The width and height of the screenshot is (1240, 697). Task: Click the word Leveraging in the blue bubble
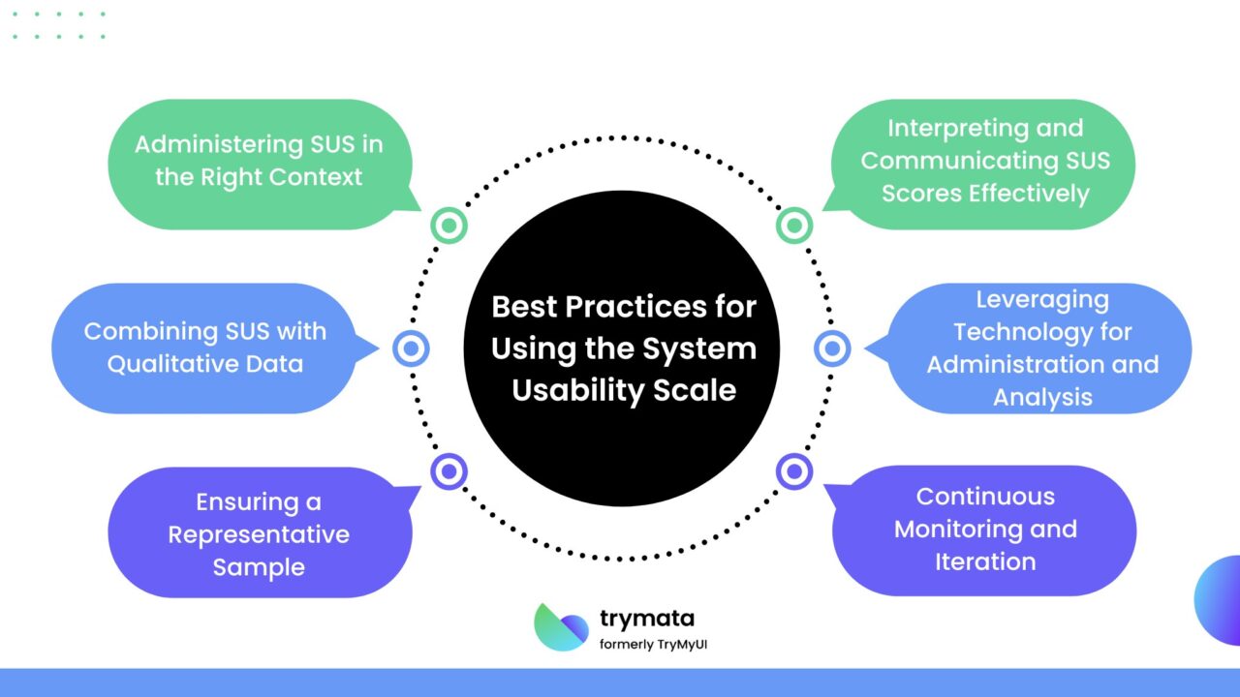[1041, 300]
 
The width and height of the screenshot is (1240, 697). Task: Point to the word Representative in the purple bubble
[259, 534]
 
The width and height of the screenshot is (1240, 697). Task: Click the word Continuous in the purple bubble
[985, 497]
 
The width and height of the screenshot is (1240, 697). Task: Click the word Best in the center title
[524, 307]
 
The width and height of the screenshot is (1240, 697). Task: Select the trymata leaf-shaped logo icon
[561, 626]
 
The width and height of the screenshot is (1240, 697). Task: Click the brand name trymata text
[646, 619]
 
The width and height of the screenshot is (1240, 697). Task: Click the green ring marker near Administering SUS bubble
[449, 226]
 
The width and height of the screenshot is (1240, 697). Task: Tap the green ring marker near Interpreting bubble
[793, 226]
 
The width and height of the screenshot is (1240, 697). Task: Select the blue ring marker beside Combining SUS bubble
[410, 348]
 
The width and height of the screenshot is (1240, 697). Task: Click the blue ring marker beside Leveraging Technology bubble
[832, 348]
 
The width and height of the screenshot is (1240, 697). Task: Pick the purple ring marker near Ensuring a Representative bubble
[449, 471]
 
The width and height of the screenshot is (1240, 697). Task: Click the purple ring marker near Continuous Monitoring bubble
[793, 471]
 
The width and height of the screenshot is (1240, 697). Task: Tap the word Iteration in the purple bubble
[985, 561]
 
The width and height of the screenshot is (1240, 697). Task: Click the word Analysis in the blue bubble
[1042, 397]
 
